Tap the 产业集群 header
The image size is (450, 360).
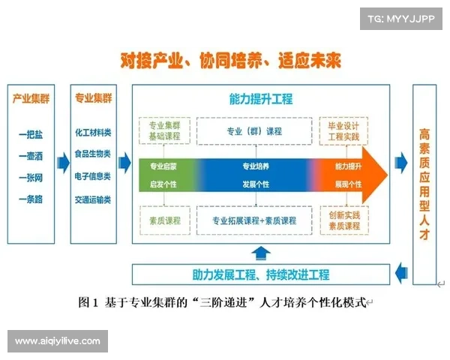pyautogui.click(x=31, y=98)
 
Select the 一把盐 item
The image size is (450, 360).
pyautogui.click(x=31, y=134)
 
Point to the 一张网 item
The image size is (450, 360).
pyautogui.click(x=31, y=178)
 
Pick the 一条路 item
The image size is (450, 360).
pyautogui.click(x=31, y=199)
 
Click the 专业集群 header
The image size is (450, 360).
pyautogui.click(x=93, y=98)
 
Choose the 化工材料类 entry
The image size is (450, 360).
pyautogui.click(x=93, y=133)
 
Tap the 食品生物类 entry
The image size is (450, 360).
pyautogui.click(x=93, y=154)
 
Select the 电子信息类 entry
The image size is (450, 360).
pyautogui.click(x=93, y=177)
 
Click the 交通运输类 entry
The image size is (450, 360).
pyautogui.click(x=93, y=199)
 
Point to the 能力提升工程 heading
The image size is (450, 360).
pyautogui.click(x=260, y=99)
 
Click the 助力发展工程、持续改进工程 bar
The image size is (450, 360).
pyautogui.click(x=260, y=275)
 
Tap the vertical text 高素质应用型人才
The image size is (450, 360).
pyautogui.click(x=424, y=184)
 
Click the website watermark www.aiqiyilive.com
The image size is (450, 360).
pyautogui.click(x=57, y=341)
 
